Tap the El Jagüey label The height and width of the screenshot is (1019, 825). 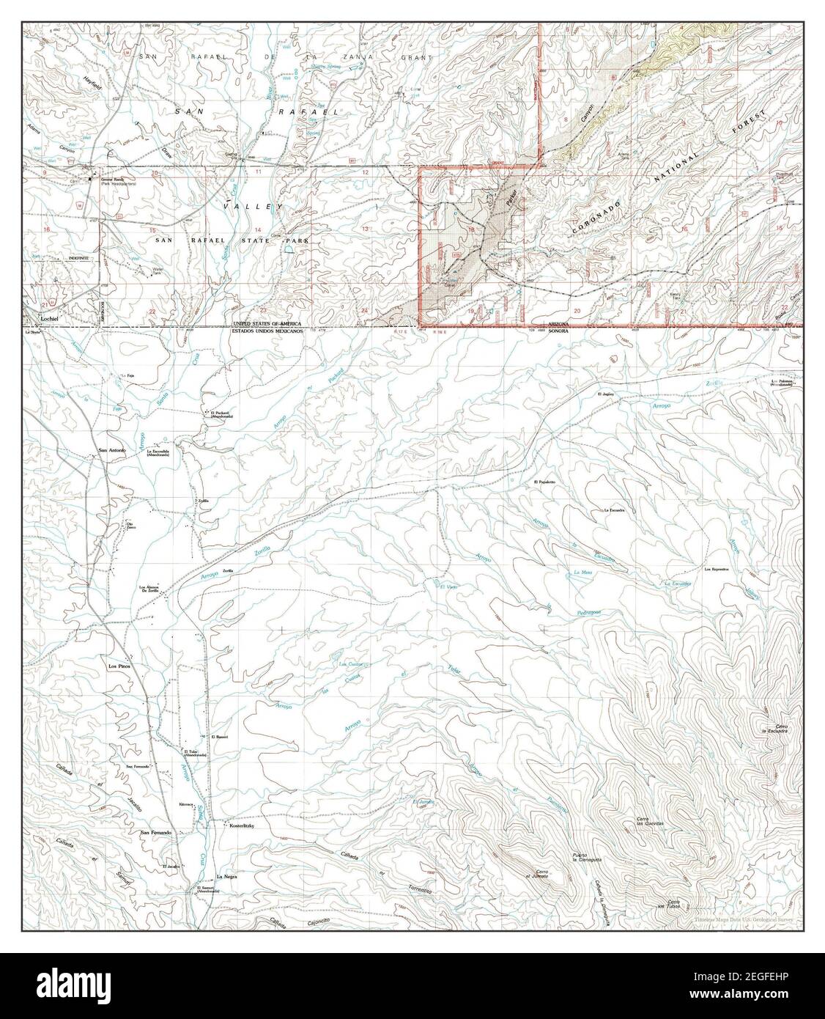pyautogui.click(x=604, y=394)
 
